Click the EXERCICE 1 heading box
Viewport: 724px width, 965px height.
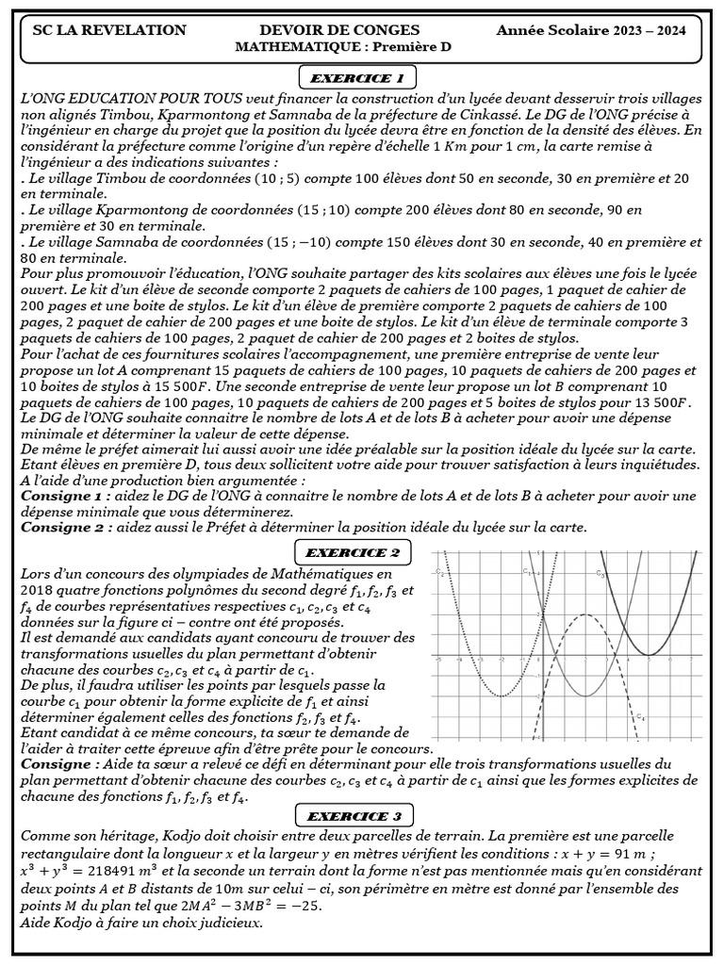click(357, 76)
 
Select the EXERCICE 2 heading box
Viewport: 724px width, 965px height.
click(357, 551)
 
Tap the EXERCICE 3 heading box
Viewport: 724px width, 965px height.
click(357, 815)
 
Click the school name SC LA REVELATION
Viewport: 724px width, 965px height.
click(109, 30)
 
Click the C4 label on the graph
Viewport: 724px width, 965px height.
click(642, 717)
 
